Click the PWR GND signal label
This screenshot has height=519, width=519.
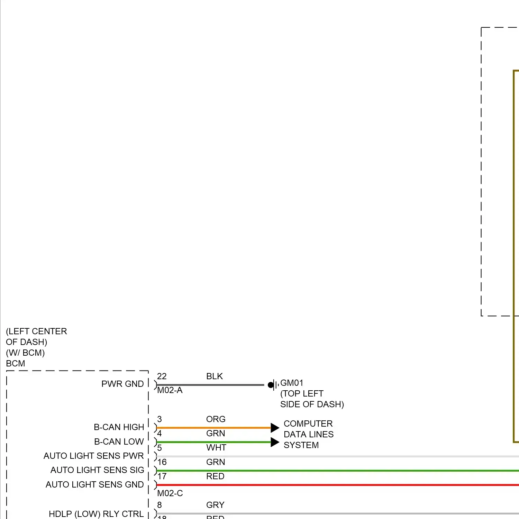coord(122,384)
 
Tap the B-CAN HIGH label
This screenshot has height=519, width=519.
coord(119,427)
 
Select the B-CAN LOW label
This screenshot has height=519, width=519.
coord(119,442)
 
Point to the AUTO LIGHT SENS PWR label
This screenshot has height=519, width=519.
coord(93,456)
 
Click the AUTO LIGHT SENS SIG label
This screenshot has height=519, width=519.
coord(97,470)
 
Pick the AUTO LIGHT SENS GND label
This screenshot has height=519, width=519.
coord(94,485)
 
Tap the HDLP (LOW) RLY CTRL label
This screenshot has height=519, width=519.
coord(96,514)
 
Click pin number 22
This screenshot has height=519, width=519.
coord(162,376)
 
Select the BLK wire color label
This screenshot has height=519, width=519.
coord(215,376)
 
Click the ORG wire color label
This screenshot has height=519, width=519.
coord(216,419)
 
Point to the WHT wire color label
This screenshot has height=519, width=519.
coord(216,448)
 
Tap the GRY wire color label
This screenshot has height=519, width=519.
coord(215,505)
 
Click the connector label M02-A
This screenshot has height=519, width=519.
coord(170,390)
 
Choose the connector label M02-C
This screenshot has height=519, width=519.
coord(170,493)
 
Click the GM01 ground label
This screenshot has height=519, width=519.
coord(292,383)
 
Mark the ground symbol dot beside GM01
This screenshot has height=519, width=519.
coord(271,385)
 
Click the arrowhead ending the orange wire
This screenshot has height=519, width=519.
coord(275,428)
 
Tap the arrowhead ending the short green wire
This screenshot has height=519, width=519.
coord(275,442)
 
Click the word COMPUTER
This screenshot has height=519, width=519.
coord(308,424)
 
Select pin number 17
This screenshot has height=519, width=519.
coord(162,476)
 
